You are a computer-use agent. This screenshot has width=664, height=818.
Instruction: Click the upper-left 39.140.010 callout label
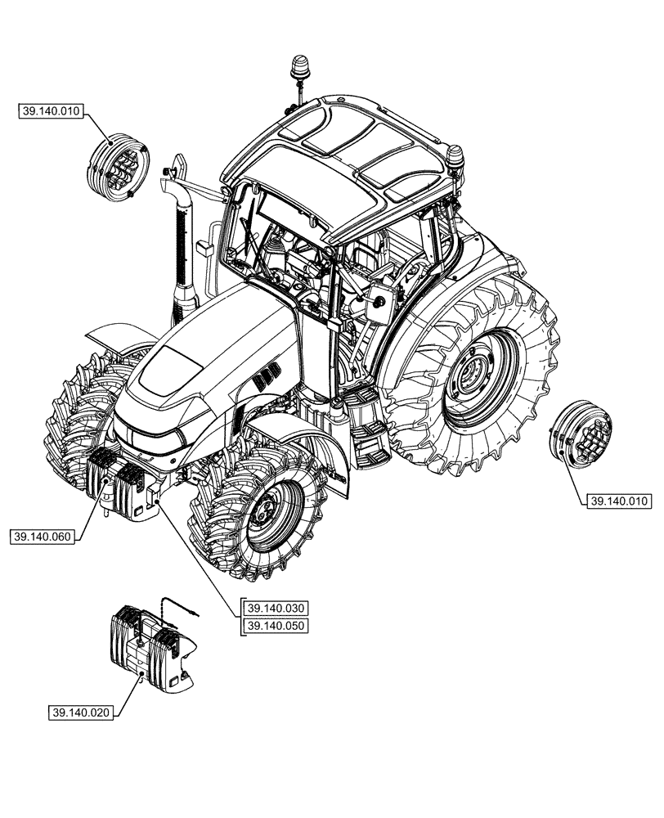[51, 111]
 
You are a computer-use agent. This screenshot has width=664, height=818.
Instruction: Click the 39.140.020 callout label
[81, 712]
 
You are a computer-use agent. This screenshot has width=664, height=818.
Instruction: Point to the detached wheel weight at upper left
[117, 167]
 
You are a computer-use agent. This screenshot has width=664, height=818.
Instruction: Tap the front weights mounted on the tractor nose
[119, 483]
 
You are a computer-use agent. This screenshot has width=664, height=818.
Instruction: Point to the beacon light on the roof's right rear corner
[455, 157]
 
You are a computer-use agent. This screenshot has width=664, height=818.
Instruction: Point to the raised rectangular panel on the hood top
[167, 368]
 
